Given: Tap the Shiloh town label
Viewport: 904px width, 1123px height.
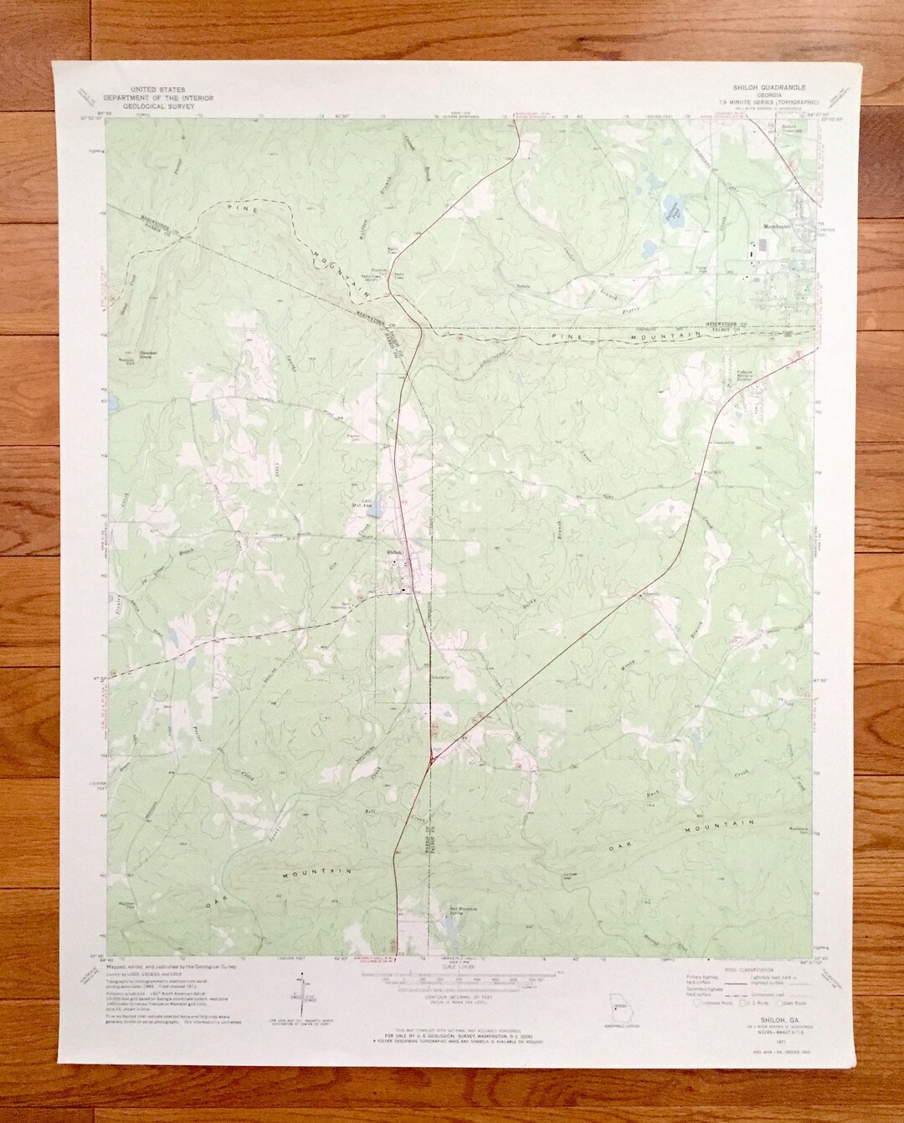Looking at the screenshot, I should pyautogui.click(x=395, y=551).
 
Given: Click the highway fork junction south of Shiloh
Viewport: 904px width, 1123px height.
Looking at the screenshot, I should pyautogui.click(x=430, y=760).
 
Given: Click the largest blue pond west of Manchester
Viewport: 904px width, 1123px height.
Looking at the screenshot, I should pyautogui.click(x=672, y=205).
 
